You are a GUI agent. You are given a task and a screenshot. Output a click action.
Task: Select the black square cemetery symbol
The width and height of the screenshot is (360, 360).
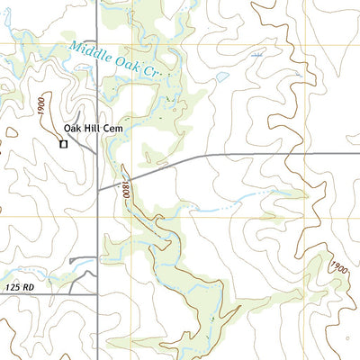click(x=63, y=142)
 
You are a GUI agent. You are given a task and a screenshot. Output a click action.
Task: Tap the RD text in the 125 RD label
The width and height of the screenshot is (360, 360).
click(x=34, y=286)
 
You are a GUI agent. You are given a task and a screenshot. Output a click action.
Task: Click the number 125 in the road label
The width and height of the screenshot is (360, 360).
click(x=14, y=286)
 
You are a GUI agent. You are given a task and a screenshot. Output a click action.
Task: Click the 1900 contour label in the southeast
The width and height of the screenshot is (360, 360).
click(x=337, y=267)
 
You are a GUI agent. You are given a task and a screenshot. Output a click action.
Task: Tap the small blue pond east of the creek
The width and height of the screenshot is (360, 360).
click(x=221, y=77)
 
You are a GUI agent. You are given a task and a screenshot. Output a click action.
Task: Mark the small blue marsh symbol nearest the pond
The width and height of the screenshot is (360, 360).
click(x=258, y=55)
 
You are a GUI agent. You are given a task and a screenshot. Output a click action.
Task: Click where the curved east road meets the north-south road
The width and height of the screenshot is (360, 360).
click(x=97, y=189)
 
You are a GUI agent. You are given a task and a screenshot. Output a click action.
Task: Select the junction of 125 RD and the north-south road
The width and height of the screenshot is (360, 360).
click(x=97, y=293)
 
